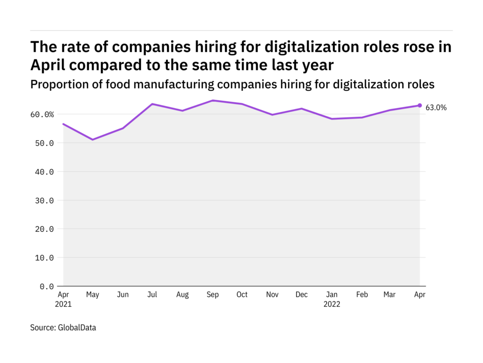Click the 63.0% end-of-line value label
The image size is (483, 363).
[x=436, y=108]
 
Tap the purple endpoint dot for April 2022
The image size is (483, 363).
[x=420, y=105]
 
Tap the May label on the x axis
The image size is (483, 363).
[x=93, y=295]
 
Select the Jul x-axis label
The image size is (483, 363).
[x=152, y=295]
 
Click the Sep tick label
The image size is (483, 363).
[x=212, y=295]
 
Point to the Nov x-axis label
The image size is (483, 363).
[x=272, y=295]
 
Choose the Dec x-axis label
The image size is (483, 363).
[x=301, y=295]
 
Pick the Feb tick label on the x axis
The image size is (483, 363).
[x=361, y=295]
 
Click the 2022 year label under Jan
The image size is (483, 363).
[x=332, y=304]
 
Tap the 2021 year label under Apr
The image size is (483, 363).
[x=63, y=304]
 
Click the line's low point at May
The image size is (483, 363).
[x=93, y=139]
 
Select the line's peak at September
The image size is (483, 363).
[x=212, y=100]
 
